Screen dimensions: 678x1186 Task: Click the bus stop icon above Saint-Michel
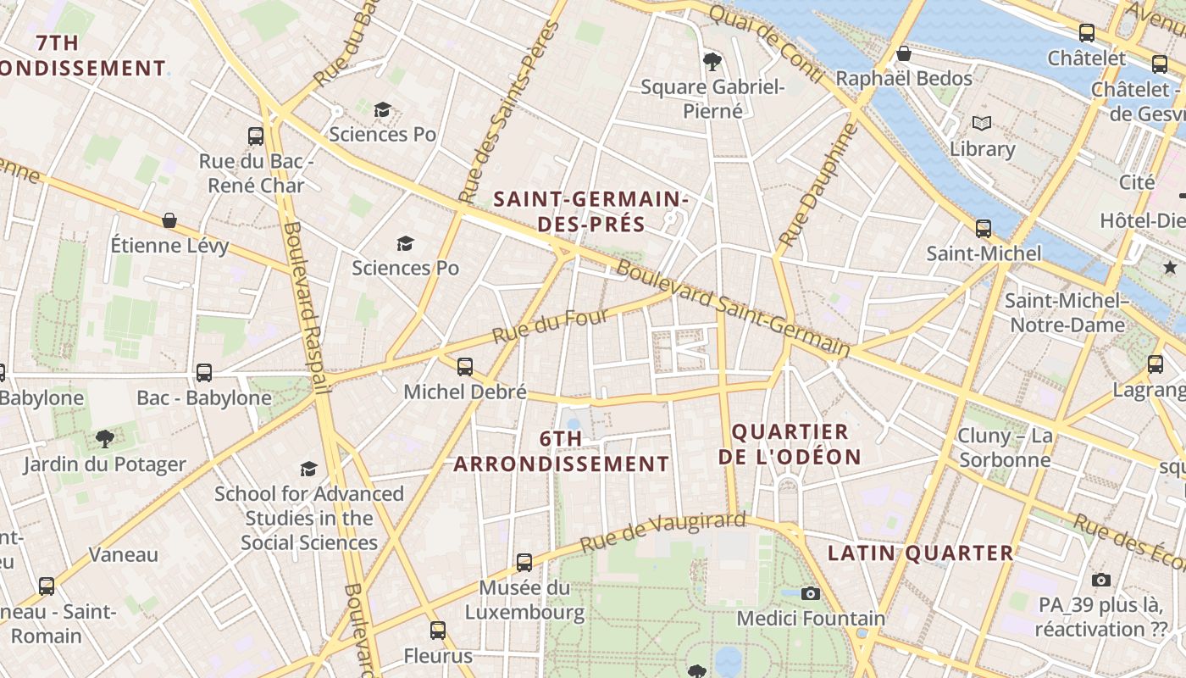(983, 228)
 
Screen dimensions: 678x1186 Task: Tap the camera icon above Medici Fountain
(811, 593)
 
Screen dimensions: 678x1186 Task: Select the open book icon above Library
(982, 124)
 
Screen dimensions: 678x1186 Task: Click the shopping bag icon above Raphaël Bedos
(904, 53)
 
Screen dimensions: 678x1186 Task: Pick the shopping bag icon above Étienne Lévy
(169, 220)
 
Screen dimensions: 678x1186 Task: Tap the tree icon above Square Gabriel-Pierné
(712, 61)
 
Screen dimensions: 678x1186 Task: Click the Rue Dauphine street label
(817, 186)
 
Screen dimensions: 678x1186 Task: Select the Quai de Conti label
(766, 44)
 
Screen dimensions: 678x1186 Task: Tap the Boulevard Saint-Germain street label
(733, 308)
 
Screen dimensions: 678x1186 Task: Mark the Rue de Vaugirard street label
(664, 531)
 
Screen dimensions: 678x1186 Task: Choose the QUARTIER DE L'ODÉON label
(790, 444)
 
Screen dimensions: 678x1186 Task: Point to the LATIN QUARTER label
(920, 553)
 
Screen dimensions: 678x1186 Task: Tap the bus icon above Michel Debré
(465, 367)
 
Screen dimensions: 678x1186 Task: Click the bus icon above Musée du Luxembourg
(524, 562)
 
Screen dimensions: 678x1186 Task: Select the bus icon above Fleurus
(437, 631)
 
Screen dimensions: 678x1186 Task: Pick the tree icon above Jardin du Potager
(105, 438)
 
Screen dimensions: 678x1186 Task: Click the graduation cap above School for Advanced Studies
(308, 469)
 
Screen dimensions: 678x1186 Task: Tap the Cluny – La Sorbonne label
(1005, 447)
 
